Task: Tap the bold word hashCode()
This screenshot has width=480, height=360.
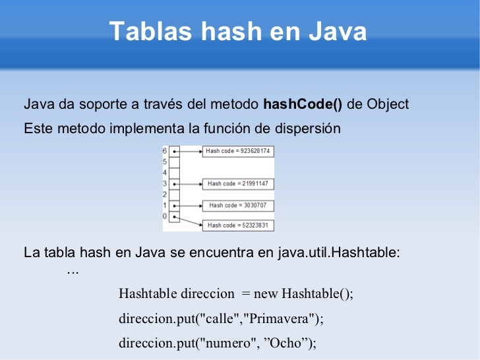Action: (x=303, y=105)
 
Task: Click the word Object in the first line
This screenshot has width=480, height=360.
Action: (x=388, y=105)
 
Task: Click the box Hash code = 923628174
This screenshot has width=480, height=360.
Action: (x=237, y=151)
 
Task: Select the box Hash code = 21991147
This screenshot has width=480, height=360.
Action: (x=237, y=183)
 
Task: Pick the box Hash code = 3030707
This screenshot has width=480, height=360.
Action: (x=237, y=205)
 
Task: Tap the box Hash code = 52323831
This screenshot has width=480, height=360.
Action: (x=237, y=225)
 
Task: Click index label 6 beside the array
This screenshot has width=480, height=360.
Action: (x=165, y=151)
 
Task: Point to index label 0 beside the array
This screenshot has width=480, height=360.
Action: (x=165, y=216)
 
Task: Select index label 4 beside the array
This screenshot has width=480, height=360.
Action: (x=165, y=173)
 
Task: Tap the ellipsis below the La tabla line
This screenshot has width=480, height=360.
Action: (x=73, y=271)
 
